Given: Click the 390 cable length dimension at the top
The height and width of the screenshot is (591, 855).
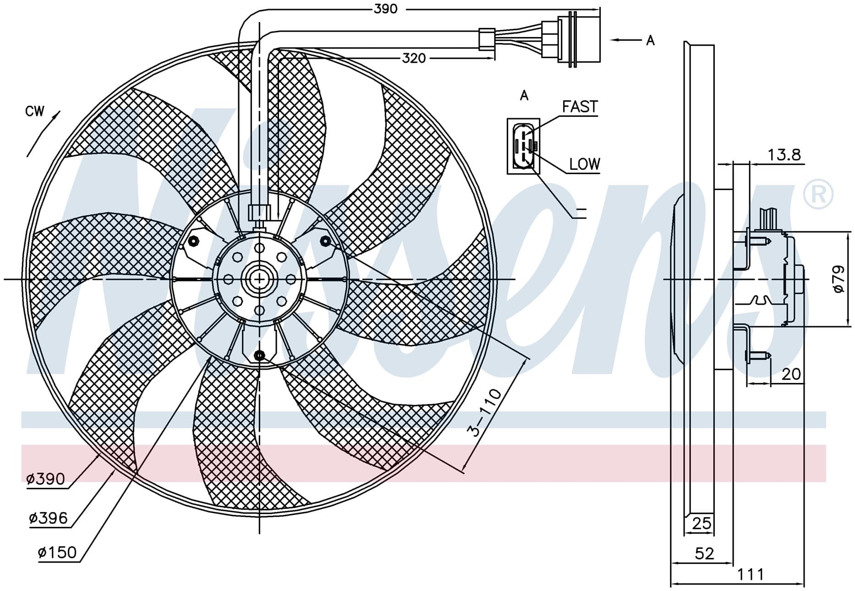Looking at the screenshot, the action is [x=385, y=9].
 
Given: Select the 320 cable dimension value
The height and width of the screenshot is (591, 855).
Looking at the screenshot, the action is [x=414, y=58].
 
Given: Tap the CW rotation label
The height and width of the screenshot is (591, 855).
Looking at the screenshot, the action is [x=35, y=111].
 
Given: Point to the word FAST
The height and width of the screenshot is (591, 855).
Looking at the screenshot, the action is [x=580, y=107].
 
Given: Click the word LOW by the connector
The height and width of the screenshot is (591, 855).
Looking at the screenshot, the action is [x=585, y=164].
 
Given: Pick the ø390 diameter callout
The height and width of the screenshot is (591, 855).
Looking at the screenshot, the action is [x=46, y=479].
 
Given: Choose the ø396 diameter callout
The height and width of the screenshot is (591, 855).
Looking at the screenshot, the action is [x=48, y=519].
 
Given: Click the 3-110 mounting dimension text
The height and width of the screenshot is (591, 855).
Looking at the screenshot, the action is [x=484, y=412].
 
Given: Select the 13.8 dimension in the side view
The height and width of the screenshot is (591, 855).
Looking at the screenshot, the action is [x=784, y=155].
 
